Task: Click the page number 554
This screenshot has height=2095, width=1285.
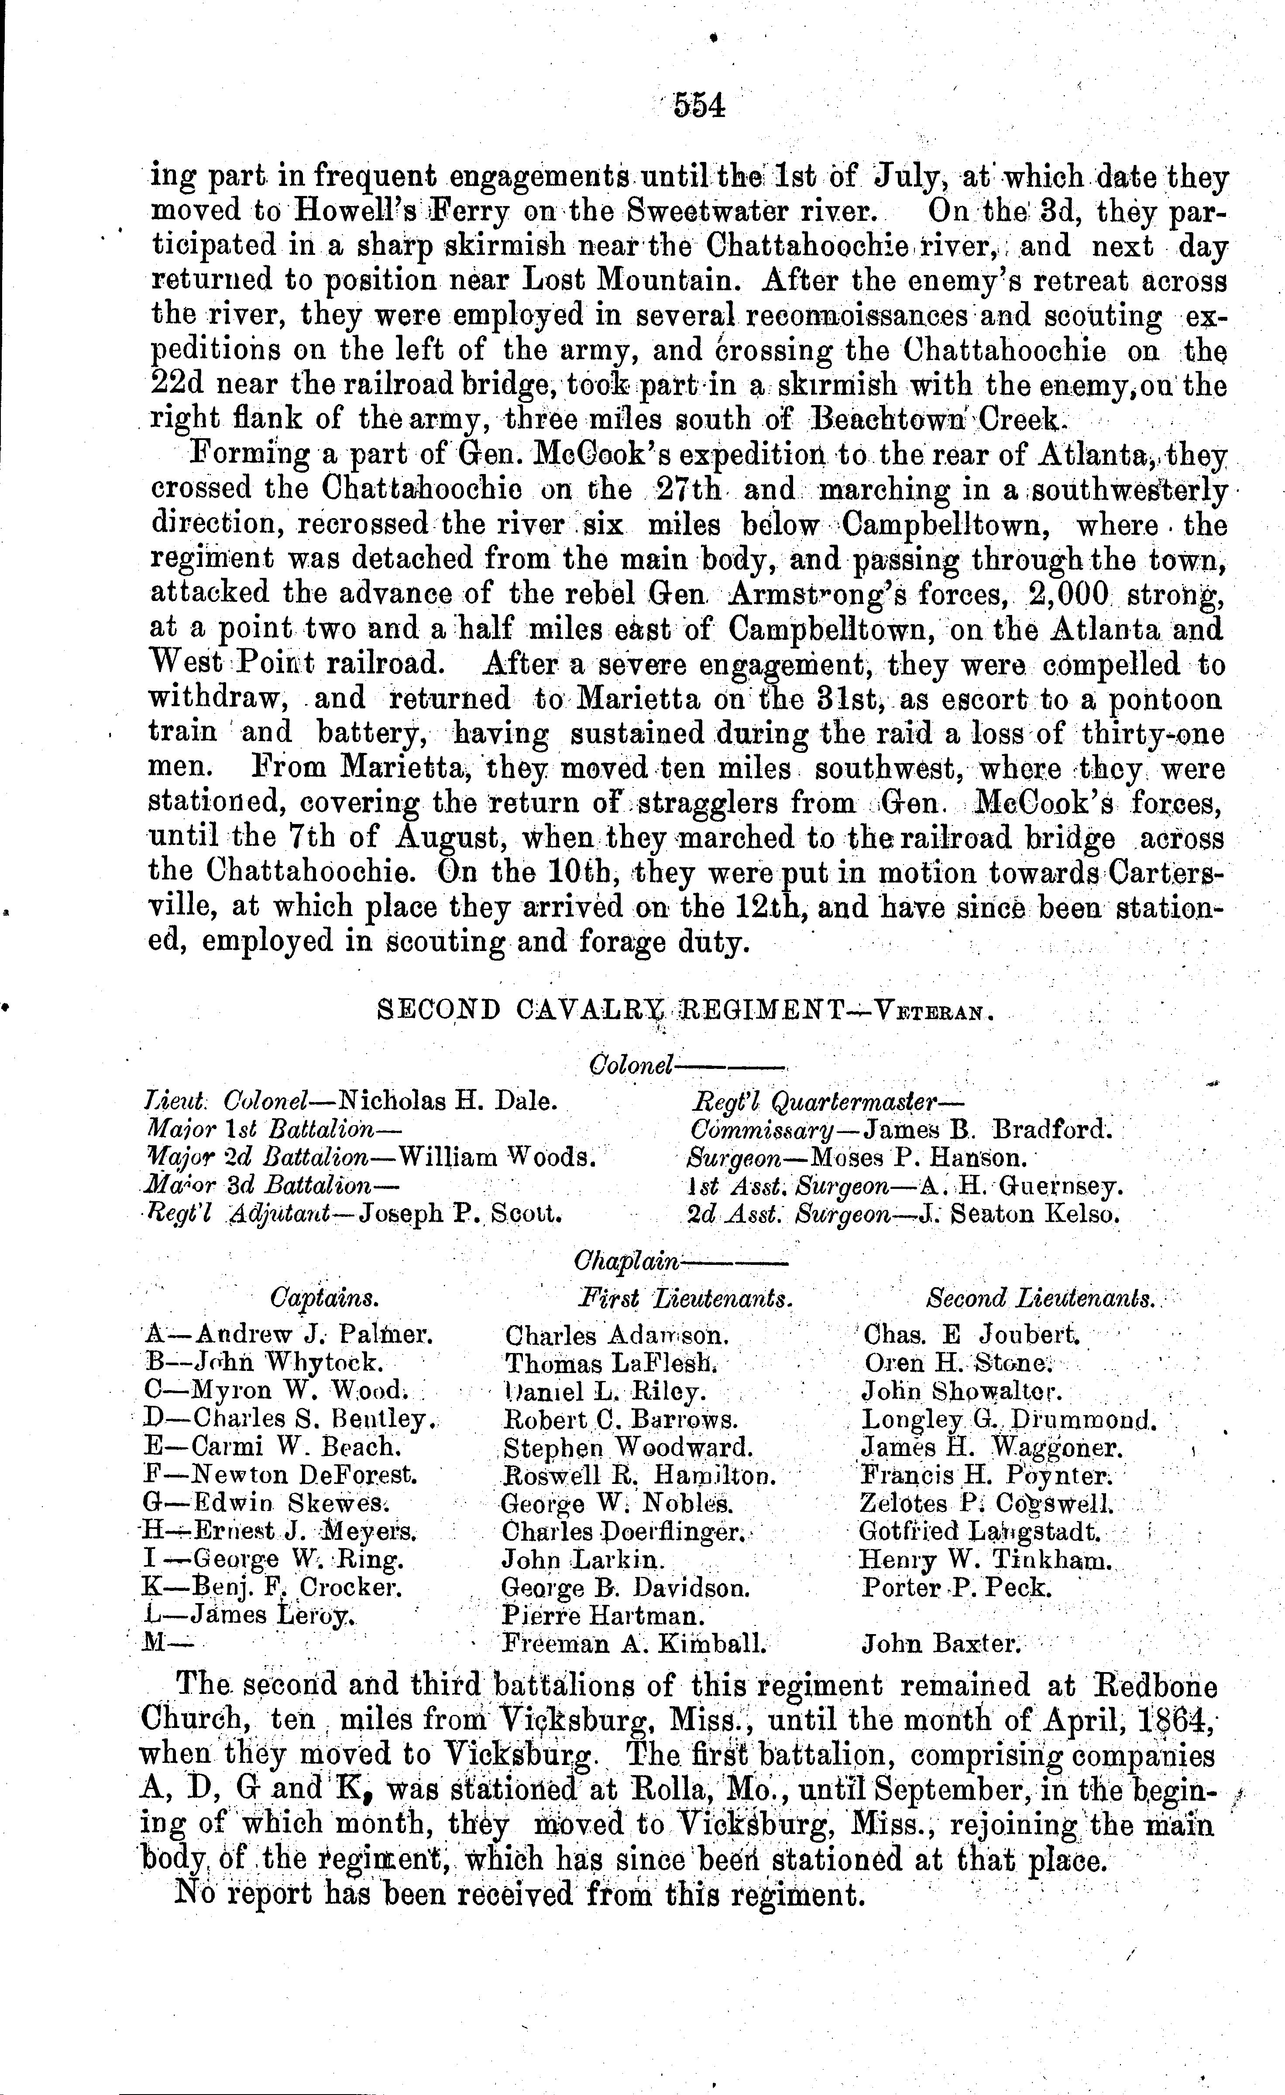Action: (x=699, y=105)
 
